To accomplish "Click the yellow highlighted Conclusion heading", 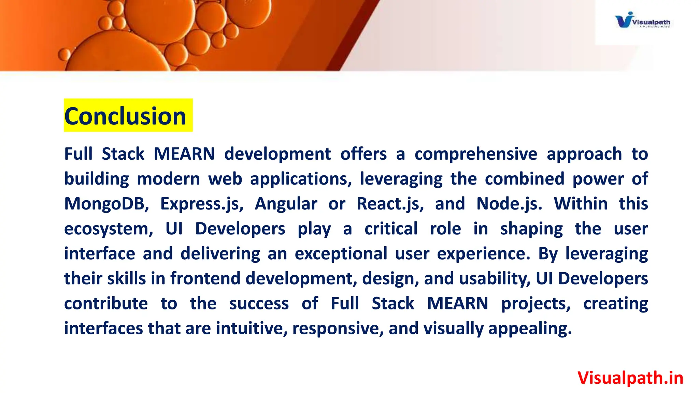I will [125, 116].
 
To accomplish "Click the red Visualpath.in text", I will [630, 378].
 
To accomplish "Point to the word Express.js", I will [202, 204].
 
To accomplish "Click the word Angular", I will [286, 204].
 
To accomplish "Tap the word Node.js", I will [509, 204].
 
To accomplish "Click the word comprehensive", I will [476, 154].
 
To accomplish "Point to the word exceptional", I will [341, 254].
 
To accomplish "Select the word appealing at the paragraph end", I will [530, 329].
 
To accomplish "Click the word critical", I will [391, 229].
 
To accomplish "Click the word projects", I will [536, 304].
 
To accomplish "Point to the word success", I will [259, 304].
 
